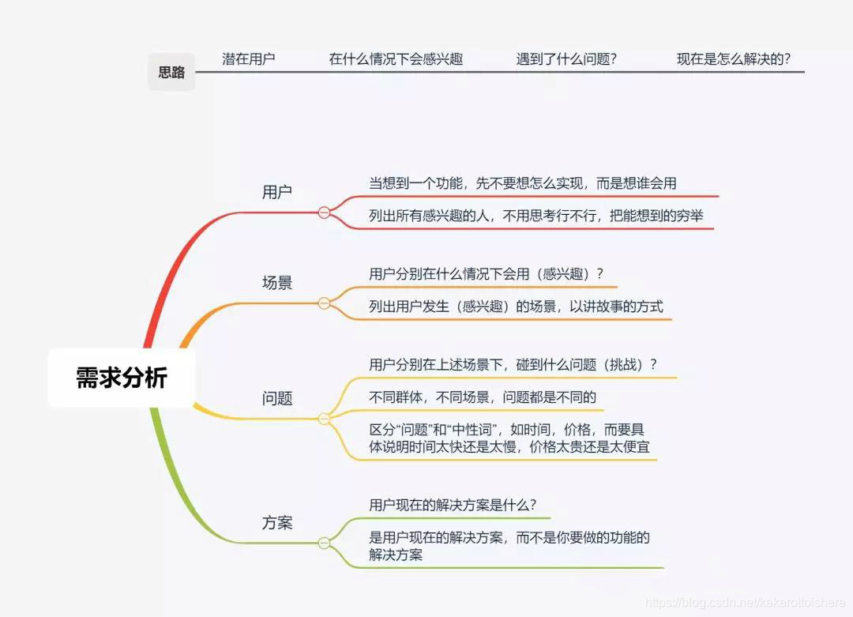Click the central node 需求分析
coord(121,378)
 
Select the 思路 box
coord(171,73)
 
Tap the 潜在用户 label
coord(249,58)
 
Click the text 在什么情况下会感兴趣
coord(396,58)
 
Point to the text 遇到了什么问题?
coord(566,58)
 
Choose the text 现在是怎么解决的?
coord(734,58)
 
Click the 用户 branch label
coord(277,192)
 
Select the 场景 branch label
coord(277,282)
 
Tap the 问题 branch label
coord(277,398)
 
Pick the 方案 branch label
coord(277,522)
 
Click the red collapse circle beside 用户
coord(324,213)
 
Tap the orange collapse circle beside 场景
coord(324,303)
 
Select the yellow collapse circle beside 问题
coord(324,419)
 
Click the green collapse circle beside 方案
coord(324,543)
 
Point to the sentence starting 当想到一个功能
coord(523,183)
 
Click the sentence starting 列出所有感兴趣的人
coord(536,216)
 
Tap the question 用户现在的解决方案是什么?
coord(453,505)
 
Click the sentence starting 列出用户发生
coord(516,307)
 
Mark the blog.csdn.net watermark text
coord(746,602)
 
